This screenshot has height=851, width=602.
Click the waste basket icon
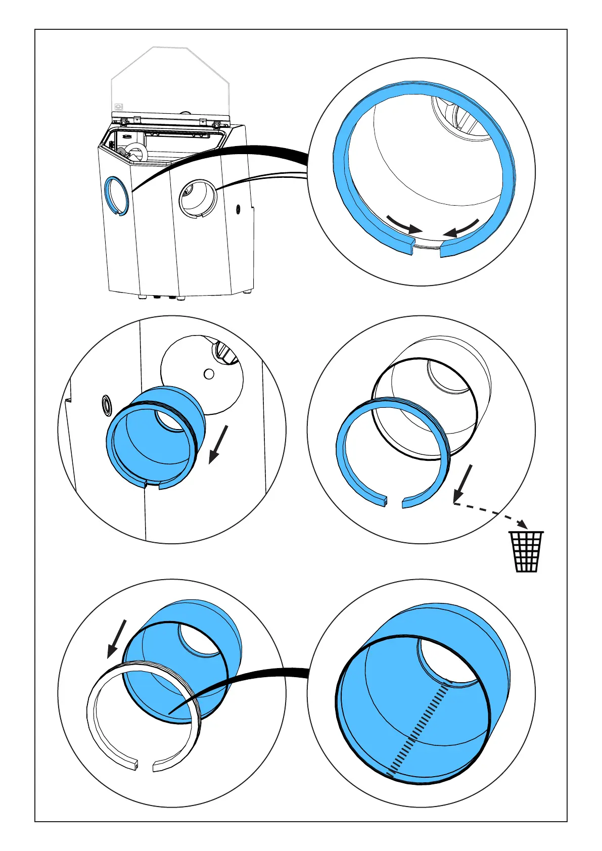coord(526,551)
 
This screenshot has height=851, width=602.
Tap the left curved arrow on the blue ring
coord(403,223)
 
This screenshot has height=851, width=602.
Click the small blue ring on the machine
coord(117,196)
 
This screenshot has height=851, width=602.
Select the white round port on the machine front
coord(198,198)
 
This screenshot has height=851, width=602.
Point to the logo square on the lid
coord(119,107)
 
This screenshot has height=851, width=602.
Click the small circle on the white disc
coord(208,374)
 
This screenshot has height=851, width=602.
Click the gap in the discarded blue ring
coord(395,503)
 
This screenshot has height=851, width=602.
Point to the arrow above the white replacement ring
coord(116,639)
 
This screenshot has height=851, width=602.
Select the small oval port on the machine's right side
coord(239,209)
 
